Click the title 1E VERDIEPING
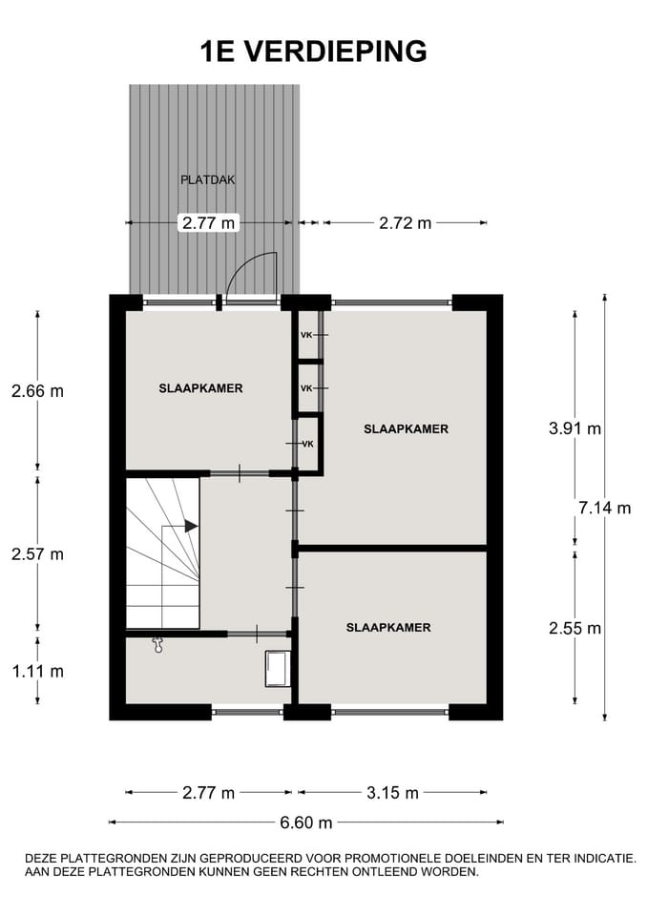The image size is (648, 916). tap(313, 51)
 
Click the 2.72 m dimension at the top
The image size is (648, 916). tap(405, 223)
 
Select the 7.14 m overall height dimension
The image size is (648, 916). tap(604, 508)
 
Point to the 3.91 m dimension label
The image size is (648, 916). tap(575, 428)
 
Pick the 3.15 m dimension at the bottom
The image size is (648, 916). tap(391, 793)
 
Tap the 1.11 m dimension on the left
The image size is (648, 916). tap(37, 671)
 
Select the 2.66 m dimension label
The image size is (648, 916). tap(37, 391)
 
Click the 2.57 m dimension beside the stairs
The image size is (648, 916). tap(37, 554)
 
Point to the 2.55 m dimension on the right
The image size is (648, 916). tap(575, 628)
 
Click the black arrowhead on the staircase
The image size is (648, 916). tap(191, 526)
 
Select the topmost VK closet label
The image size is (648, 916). tap(306, 335)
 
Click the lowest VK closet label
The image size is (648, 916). tap(308, 445)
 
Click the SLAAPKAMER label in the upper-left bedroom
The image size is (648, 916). tap(200, 388)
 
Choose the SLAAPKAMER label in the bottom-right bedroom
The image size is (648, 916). tap(387, 627)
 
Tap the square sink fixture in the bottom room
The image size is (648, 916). tap(278, 669)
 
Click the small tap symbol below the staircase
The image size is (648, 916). tap(158, 645)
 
